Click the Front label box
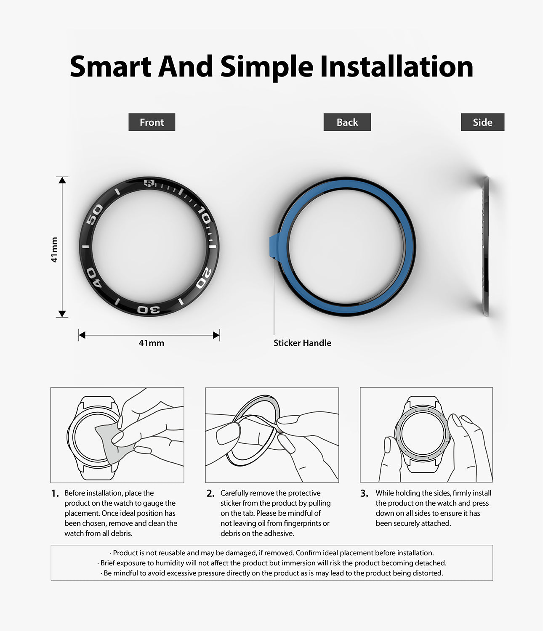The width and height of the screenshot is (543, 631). (x=152, y=122)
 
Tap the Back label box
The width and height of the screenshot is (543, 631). (x=347, y=122)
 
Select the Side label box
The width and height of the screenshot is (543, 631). (x=482, y=122)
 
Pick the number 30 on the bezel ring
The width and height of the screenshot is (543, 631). (x=149, y=310)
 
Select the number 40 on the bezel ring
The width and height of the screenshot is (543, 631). (x=93, y=278)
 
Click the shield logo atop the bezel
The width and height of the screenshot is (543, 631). (x=149, y=183)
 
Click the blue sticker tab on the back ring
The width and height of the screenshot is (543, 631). (x=274, y=246)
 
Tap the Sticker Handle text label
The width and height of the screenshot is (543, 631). (x=302, y=343)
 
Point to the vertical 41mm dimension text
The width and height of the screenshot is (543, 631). (x=54, y=250)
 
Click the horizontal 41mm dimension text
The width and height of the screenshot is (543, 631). (x=152, y=343)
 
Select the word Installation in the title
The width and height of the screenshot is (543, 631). (x=397, y=67)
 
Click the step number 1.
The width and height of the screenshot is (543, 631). (x=55, y=493)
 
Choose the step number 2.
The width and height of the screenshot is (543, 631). (x=210, y=493)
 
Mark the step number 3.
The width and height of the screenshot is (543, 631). (x=364, y=493)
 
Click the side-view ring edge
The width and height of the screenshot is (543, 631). (x=486, y=246)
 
